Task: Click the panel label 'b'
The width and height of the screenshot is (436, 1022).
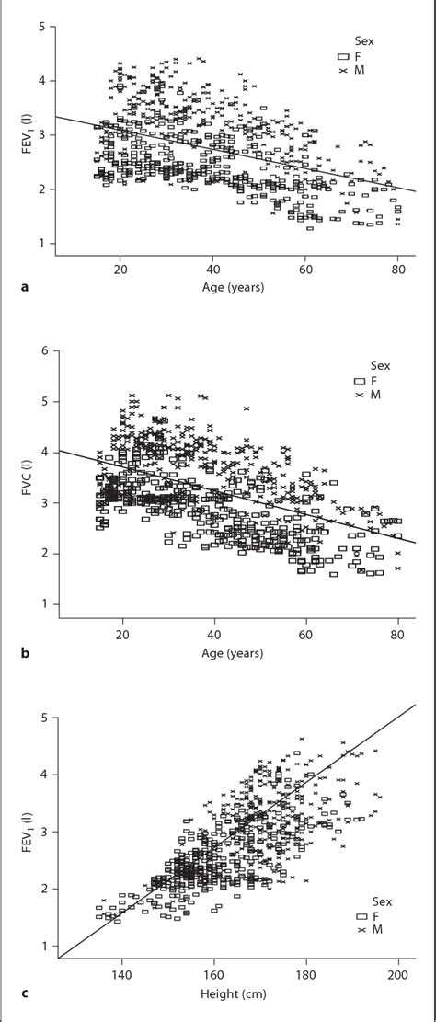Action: [23, 654]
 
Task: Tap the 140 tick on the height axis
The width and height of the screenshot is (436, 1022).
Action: [121, 975]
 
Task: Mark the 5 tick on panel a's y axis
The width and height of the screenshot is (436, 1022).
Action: [44, 27]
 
